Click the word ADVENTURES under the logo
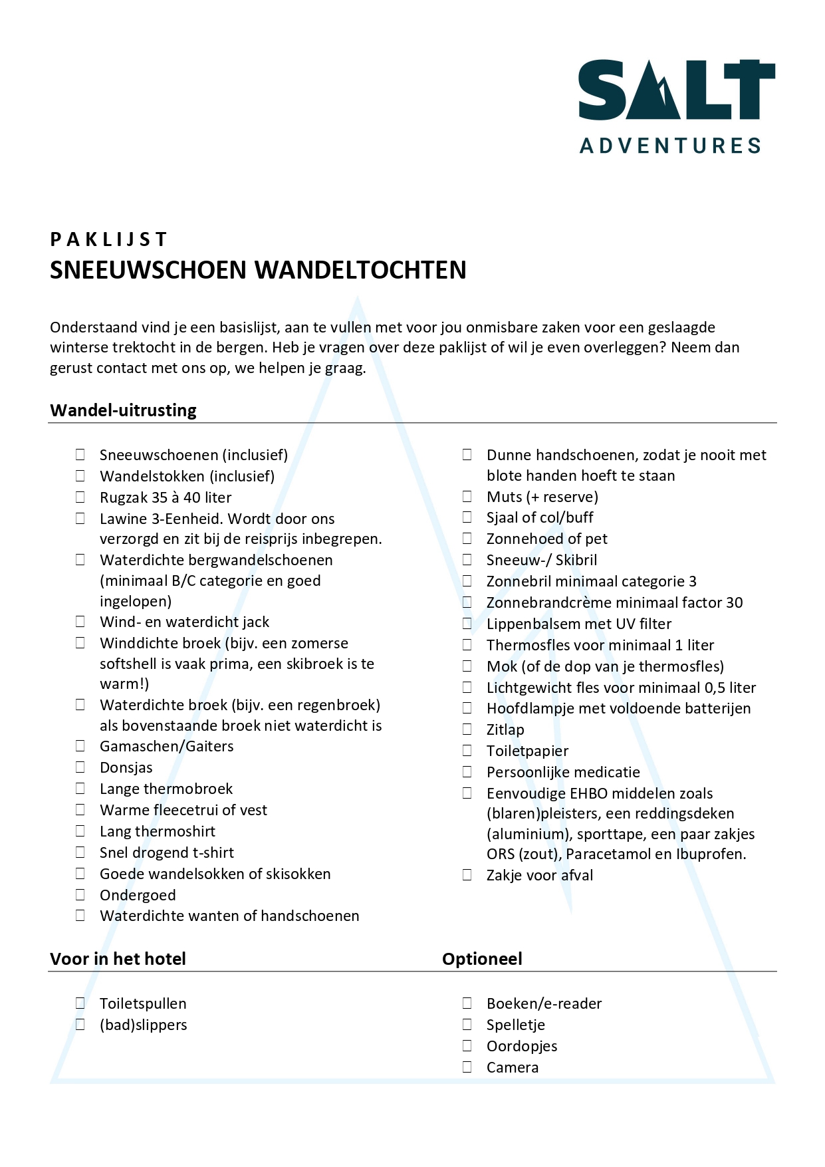(x=670, y=146)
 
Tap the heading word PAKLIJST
(x=109, y=239)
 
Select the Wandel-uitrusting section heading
(x=123, y=410)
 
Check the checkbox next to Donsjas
(x=80, y=767)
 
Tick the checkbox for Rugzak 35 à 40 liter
(x=80, y=497)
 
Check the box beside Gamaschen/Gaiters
(x=80, y=746)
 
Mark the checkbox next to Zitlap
(x=467, y=729)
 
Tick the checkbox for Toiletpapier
(x=467, y=751)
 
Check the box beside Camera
(x=467, y=1067)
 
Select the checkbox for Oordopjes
(x=467, y=1046)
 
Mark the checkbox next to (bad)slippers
(x=80, y=1025)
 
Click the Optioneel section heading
(x=482, y=959)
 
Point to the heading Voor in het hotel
(x=118, y=959)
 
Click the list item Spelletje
(x=516, y=1025)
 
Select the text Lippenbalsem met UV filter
(x=579, y=624)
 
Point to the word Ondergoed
(x=138, y=895)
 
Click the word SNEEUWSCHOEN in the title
(x=148, y=270)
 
